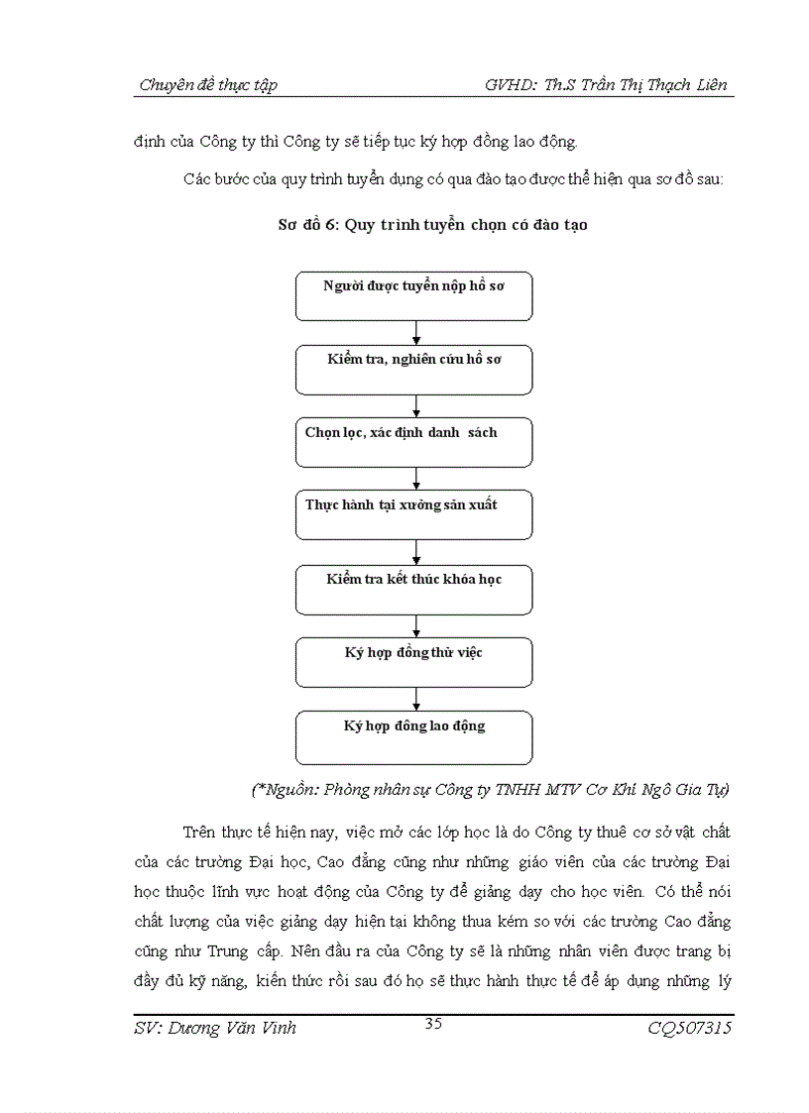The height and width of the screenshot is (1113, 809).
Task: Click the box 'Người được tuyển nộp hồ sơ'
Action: [x=413, y=296]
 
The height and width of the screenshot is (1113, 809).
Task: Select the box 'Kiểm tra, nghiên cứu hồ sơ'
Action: [x=413, y=370]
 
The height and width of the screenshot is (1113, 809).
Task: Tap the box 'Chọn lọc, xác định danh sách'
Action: [x=413, y=443]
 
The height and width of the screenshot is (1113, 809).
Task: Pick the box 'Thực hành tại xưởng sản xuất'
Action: [x=413, y=515]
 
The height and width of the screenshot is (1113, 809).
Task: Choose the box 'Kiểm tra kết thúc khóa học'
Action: [x=413, y=590]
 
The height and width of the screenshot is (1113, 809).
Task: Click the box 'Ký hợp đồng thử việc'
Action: [x=413, y=662]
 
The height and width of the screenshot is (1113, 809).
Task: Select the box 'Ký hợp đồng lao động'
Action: [x=413, y=736]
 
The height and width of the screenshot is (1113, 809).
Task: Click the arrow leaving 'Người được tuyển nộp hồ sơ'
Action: [x=416, y=333]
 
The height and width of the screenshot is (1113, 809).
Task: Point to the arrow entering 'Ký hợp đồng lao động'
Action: [x=416, y=700]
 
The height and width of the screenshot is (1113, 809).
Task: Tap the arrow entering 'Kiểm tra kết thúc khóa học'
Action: [x=416, y=553]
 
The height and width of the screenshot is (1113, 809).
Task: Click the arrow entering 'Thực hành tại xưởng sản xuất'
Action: [x=416, y=480]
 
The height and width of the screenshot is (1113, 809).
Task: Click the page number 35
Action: [x=433, y=1024]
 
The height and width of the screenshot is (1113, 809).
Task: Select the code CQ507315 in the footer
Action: [x=690, y=1029]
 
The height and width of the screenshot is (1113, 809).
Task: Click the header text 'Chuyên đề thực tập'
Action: [x=208, y=85]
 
